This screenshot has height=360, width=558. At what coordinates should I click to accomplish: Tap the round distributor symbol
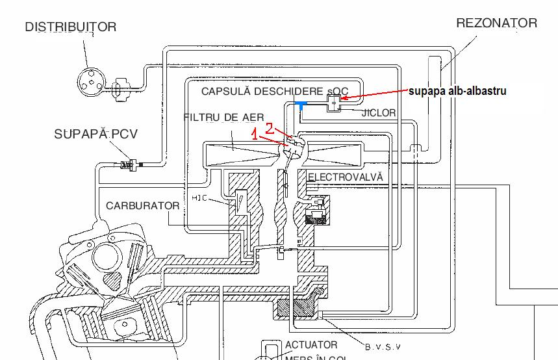pos(88,81)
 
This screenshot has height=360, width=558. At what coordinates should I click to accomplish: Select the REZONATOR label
pos(496,23)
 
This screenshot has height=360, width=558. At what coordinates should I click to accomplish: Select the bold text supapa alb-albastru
pos(457,91)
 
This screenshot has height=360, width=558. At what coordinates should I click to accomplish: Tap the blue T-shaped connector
pos(301,105)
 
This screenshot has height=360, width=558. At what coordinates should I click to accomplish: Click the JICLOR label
pos(378,112)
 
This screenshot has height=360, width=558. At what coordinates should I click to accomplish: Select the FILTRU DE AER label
pos(223,118)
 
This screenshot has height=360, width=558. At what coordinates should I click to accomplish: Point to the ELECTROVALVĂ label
pos(345,177)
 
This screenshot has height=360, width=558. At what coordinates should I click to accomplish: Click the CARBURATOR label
pos(142,206)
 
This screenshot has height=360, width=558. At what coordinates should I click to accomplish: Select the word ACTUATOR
pos(311,345)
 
